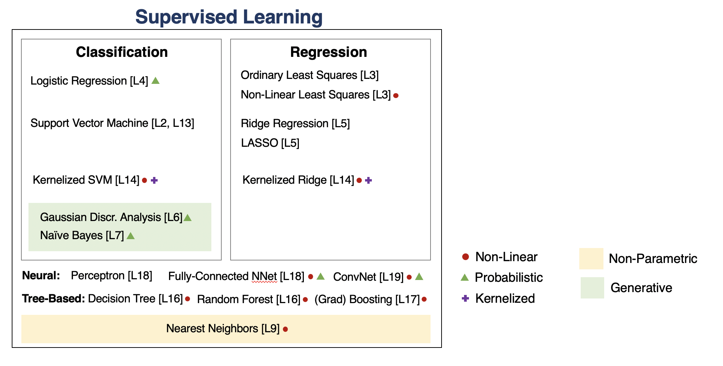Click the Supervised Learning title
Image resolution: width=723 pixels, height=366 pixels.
229,17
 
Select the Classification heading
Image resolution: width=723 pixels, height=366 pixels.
122,52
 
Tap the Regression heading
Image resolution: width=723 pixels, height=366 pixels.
328,52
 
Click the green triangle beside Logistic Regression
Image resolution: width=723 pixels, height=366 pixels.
155,81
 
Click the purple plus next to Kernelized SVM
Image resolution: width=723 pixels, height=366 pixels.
154,181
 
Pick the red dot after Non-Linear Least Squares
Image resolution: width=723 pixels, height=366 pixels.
396,96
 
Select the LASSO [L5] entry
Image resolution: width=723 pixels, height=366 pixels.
270,143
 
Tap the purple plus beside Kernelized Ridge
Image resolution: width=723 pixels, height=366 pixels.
369,181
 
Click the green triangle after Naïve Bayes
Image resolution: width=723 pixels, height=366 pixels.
131,236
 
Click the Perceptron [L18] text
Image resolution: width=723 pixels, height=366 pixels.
112,276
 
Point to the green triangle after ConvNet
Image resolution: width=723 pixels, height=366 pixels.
419,276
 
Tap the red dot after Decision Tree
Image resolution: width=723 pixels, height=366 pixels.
188,299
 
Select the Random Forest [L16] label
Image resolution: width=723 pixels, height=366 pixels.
249,300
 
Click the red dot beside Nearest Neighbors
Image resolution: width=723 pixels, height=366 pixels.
285,329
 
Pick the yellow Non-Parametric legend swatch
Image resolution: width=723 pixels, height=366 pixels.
591,259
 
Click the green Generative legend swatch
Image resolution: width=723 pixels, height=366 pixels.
592,288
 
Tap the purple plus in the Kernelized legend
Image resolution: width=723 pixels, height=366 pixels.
465,298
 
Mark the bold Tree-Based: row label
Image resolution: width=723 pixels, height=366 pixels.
53,299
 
